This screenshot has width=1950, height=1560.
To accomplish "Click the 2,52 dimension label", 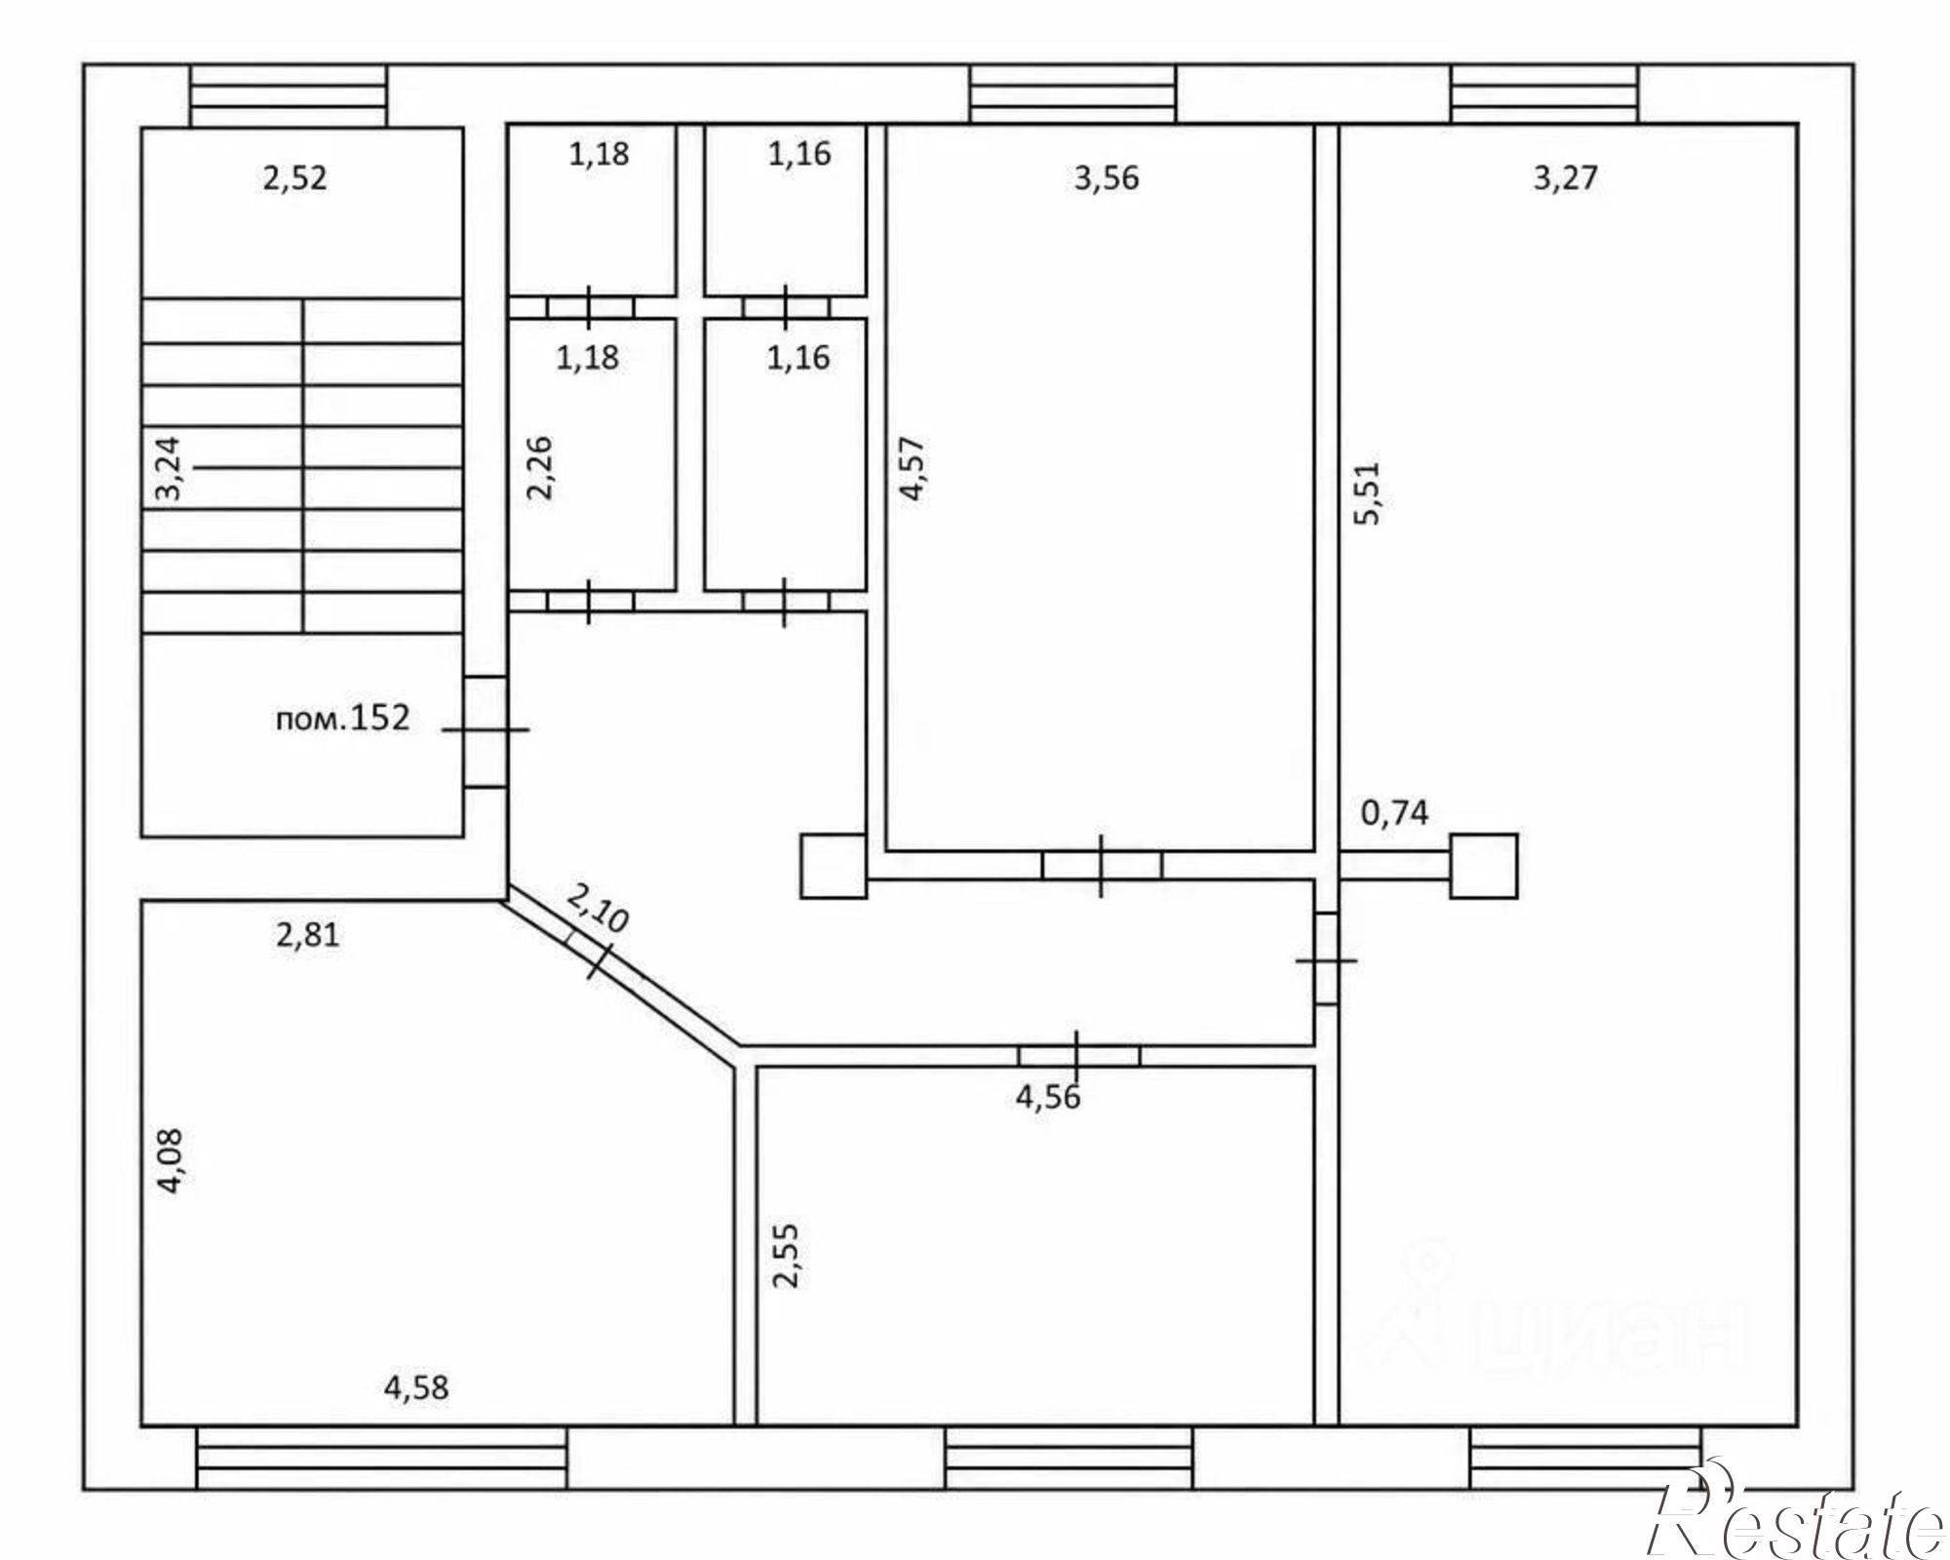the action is click(294, 179).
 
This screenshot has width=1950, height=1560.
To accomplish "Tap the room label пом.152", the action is click(342, 719).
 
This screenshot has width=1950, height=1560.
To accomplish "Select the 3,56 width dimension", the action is click(1106, 178).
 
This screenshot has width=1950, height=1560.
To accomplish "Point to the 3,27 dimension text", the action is click(1565, 178).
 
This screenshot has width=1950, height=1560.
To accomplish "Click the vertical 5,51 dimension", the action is click(1367, 493).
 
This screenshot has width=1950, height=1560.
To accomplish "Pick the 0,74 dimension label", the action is click(1394, 812).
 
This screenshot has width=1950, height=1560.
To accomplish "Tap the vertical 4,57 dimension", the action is click(913, 468).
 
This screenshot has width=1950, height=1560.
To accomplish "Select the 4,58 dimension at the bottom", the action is click(416, 1387).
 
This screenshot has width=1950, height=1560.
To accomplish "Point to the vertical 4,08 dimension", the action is click(171, 1160).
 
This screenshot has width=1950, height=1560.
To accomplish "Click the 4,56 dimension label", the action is click(1048, 1097).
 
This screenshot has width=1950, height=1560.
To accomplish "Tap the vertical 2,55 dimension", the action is click(785, 1256).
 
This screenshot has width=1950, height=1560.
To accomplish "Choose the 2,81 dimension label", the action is click(307, 935).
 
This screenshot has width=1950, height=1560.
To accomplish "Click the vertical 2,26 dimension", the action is click(539, 468).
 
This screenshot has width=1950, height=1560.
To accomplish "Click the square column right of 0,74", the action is click(1483, 866).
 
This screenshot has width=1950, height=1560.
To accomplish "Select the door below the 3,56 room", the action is click(1102, 865).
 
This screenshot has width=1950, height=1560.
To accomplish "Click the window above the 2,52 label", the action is click(288, 96).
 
